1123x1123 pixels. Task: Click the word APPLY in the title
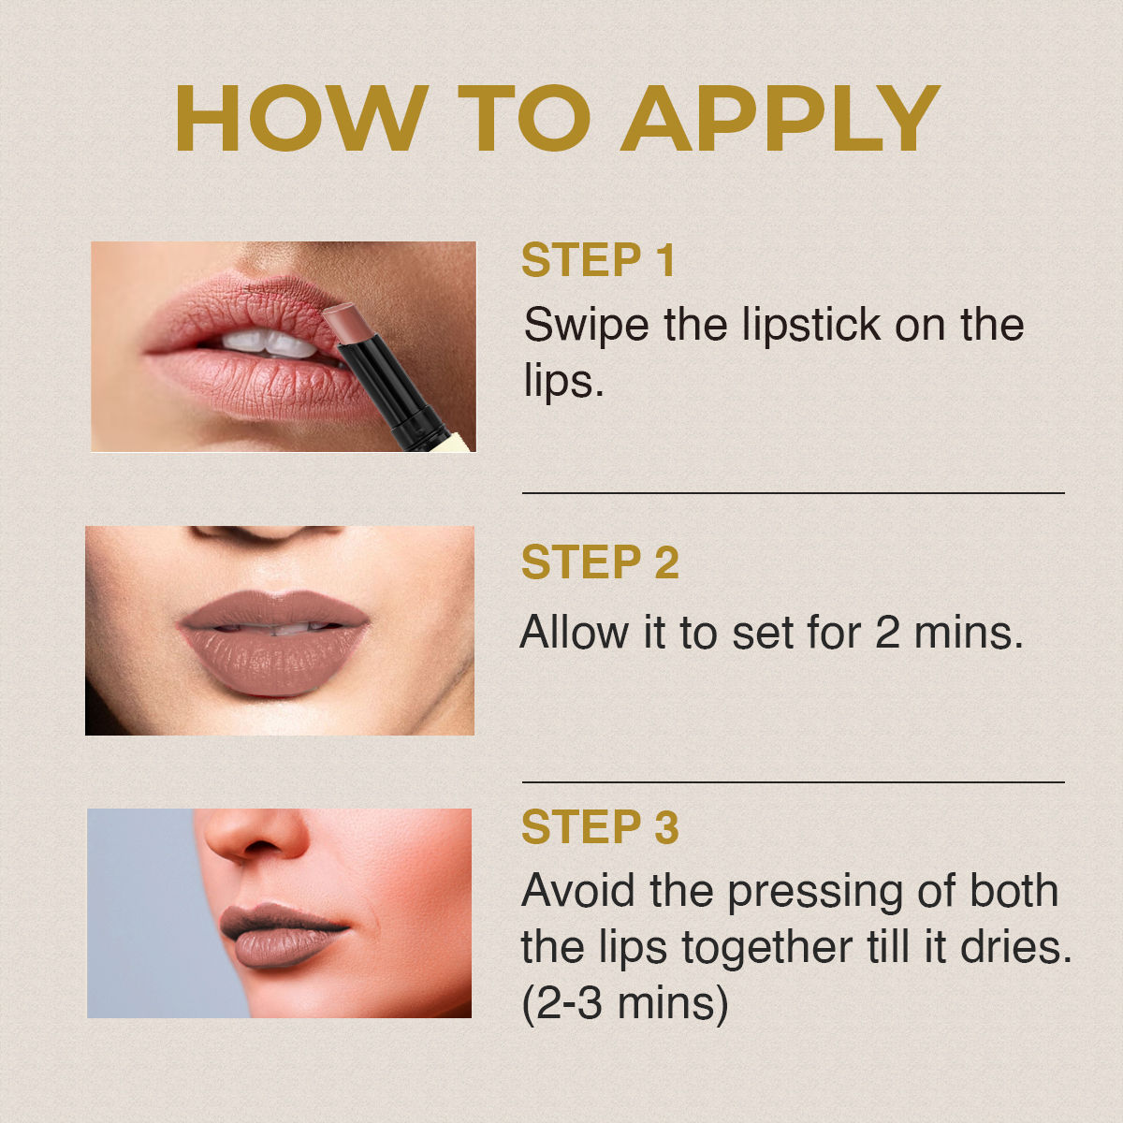pyautogui.click(x=780, y=118)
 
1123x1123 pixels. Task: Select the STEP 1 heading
pyautogui.click(x=599, y=260)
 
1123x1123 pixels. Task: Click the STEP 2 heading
pyautogui.click(x=600, y=561)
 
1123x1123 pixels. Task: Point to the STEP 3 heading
pyautogui.click(x=600, y=826)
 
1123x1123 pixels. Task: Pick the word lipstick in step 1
pyautogui.click(x=811, y=325)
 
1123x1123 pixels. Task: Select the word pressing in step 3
pyautogui.click(x=815, y=895)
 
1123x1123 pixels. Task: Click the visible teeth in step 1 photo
pyautogui.click(x=270, y=343)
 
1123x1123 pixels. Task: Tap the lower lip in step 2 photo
pyautogui.click(x=273, y=661)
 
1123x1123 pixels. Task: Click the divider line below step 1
pyautogui.click(x=794, y=493)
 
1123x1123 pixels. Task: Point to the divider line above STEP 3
pyautogui.click(x=794, y=782)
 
